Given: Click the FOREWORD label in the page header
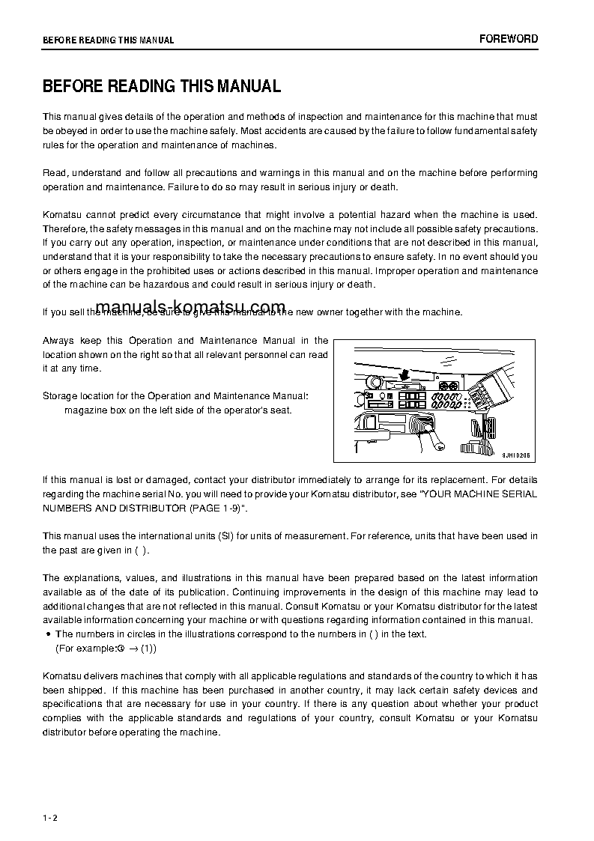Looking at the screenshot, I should pos(509,39).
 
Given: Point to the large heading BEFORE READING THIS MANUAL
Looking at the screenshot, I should pos(162,86).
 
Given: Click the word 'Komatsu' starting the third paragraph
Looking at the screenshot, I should pos(62,215).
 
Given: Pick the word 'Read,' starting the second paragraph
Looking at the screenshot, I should pos(55,173).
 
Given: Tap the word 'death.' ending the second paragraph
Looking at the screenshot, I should pos(384,187).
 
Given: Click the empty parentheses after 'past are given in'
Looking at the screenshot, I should pos(142,550).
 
